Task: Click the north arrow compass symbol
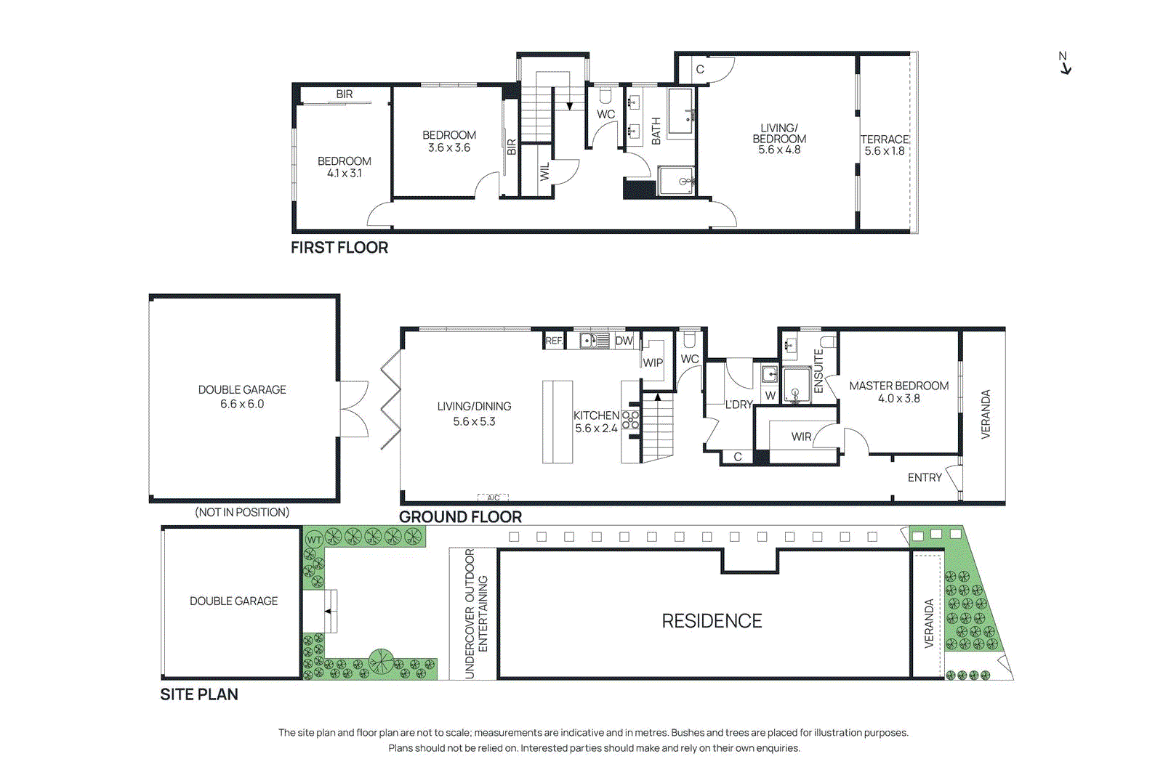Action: point(1065,63)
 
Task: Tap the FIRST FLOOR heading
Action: point(339,248)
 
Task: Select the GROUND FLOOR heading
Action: point(460,517)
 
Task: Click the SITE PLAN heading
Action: point(198,694)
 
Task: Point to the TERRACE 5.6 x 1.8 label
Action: point(884,145)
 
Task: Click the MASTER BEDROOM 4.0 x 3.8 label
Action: point(898,392)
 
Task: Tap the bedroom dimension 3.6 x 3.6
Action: point(448,148)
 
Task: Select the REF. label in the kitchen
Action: point(554,341)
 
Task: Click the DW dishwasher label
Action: point(624,341)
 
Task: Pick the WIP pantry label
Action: point(652,362)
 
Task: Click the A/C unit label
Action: point(493,498)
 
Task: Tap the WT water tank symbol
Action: point(314,540)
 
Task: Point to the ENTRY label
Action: point(924,477)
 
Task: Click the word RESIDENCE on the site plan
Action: point(712,621)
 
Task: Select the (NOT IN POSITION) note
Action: point(241,512)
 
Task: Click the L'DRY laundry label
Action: point(739,405)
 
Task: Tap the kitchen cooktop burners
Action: point(630,421)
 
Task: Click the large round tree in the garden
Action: point(380,661)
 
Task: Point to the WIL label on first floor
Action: point(544,171)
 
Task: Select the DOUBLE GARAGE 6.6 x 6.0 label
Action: point(242,397)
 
